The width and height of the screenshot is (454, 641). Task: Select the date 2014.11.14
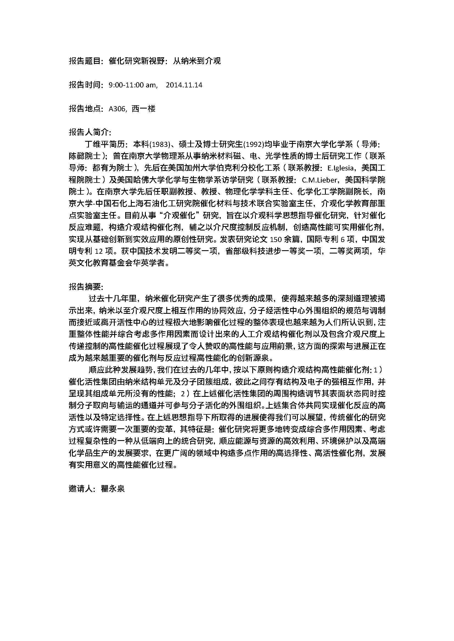point(184,85)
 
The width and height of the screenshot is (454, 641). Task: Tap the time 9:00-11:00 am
point(133,85)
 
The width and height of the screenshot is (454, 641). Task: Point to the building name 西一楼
point(143,109)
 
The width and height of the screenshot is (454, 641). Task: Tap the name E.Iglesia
point(341,168)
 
